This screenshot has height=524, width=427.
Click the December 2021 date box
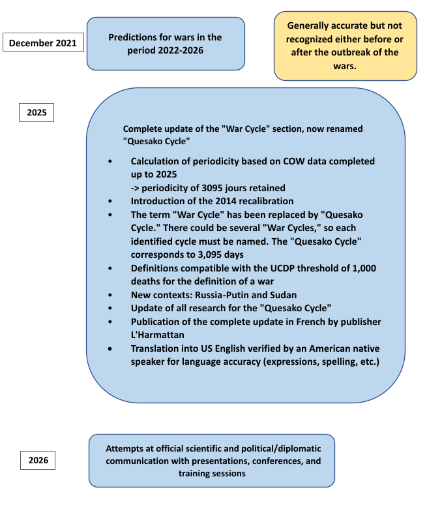click(x=43, y=43)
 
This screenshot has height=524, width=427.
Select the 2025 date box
click(x=37, y=112)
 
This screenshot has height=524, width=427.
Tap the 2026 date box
click(x=38, y=460)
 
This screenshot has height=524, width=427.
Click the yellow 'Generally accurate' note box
click(x=345, y=46)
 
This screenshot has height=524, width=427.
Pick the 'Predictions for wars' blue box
click(x=166, y=44)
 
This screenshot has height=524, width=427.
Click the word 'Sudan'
click(x=282, y=296)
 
